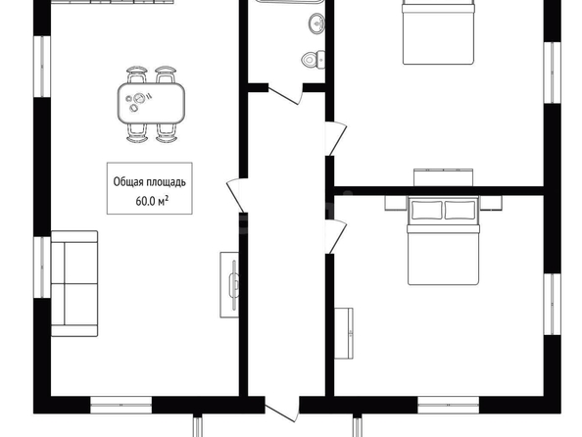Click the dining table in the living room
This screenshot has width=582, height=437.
coord(151,103)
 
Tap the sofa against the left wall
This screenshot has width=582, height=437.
coord(74,284)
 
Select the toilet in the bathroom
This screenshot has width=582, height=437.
coord(313,59)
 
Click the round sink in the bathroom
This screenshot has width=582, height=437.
coord(316,24)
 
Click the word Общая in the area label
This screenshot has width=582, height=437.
coord(128,182)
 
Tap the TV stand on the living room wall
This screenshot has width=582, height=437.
coord(229,285)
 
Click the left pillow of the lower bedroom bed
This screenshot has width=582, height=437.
coord(427,210)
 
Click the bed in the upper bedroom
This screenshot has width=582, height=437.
coord(438,32)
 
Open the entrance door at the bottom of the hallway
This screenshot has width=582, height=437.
coord(282,409)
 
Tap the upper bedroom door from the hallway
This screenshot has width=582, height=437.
coord(336,139)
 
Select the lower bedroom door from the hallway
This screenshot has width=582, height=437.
coord(336,237)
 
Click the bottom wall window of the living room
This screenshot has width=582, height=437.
coord(121,405)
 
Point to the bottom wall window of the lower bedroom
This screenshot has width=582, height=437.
coord(449,405)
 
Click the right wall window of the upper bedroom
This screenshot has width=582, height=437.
coord(553,73)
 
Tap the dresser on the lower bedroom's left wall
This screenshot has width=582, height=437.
coord(344,333)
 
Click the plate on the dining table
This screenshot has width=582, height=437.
coord(139,98)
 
